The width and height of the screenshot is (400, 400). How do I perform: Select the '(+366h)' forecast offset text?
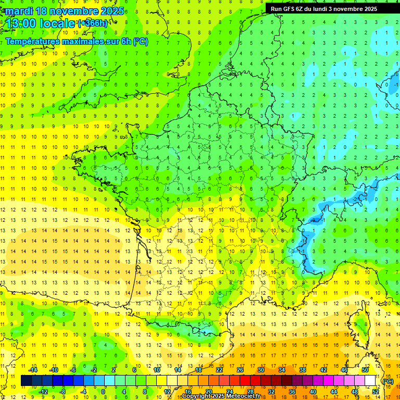click(x=93, y=23)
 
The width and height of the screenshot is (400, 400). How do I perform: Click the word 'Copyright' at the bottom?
click(x=196, y=396)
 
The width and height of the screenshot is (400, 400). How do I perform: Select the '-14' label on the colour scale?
click(x=33, y=370)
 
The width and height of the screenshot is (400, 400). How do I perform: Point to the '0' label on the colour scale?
click(x=103, y=392)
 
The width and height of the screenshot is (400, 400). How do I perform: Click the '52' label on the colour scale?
click(x=375, y=392)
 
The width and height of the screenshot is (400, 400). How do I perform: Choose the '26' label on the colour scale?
click(x=240, y=370)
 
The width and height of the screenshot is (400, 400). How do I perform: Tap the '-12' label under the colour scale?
click(x=43, y=392)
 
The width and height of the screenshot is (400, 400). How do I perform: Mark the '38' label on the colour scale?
click(x=303, y=370)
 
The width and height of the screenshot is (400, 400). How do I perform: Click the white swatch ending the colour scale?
click(x=370, y=381)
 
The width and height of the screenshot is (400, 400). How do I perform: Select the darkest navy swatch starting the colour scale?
click(x=26, y=381)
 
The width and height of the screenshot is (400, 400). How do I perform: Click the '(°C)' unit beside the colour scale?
click(x=388, y=381)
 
